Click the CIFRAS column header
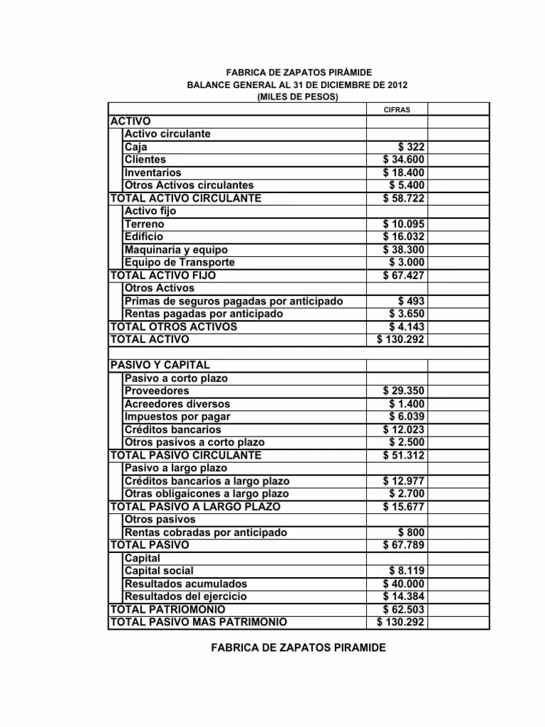[396, 109]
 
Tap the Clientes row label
[145, 160]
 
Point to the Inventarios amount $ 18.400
[404, 173]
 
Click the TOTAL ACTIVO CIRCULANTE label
[185, 198]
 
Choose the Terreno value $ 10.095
[404, 224]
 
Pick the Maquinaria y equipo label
[176, 250]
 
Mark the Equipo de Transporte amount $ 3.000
[407, 263]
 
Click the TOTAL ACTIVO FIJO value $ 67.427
[404, 275]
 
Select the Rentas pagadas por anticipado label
[203, 314]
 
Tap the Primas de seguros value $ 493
[412, 301]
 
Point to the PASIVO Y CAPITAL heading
[160, 365]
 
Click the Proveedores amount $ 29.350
[404, 391]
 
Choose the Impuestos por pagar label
[177, 417]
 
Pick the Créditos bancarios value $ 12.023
[404, 430]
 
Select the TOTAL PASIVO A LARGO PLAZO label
[194, 507]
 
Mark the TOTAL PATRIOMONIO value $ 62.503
[404, 610]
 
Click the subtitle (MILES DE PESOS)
[297, 97]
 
